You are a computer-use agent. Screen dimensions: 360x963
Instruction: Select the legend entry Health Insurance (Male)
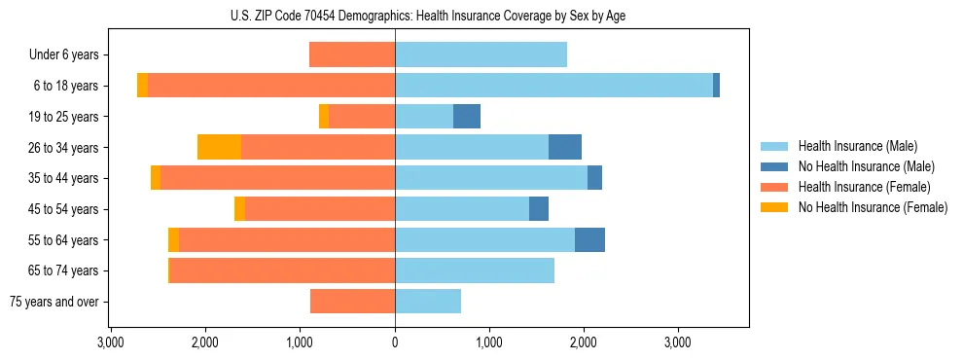(857, 146)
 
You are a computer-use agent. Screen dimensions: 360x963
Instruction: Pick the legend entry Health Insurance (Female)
(864, 187)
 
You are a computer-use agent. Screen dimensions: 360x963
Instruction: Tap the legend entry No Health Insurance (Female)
(873, 207)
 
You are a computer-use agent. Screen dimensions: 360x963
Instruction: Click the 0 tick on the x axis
(395, 342)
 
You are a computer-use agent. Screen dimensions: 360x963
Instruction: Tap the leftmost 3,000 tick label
(111, 342)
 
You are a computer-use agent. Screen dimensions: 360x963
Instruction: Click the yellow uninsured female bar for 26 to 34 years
(219, 147)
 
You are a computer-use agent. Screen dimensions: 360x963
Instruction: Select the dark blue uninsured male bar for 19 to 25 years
(467, 117)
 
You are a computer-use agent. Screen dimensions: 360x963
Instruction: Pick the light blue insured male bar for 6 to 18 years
(553, 86)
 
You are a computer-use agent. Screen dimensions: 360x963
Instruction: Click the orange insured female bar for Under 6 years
(352, 54)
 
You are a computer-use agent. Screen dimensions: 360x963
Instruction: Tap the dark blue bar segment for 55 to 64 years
(589, 239)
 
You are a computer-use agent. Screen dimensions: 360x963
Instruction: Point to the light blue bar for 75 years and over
(428, 302)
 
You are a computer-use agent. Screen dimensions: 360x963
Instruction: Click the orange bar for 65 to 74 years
(282, 270)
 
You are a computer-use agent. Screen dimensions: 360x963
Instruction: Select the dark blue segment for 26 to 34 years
(565, 147)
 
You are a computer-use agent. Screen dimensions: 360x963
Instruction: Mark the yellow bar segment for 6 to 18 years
(142, 86)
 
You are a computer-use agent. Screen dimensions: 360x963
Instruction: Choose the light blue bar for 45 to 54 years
(462, 209)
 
